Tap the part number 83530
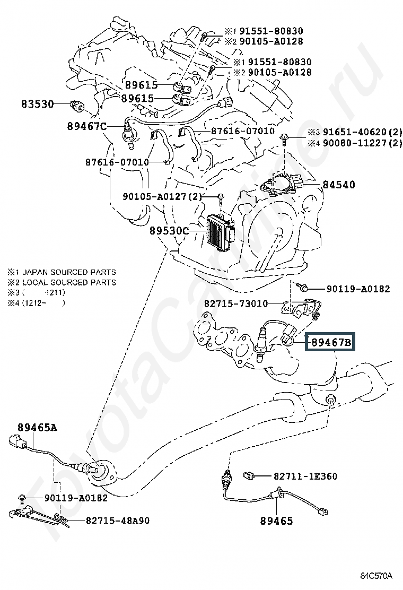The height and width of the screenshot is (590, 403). (x=38, y=104)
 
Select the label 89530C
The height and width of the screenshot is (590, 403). (x=169, y=230)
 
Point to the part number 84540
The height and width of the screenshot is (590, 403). (x=339, y=185)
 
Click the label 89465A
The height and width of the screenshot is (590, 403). (x=37, y=428)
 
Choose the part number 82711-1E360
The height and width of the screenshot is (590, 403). (x=305, y=476)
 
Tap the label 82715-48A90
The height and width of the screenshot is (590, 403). (x=118, y=520)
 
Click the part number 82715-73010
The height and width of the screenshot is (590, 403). (x=236, y=303)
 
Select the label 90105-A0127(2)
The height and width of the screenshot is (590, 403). (x=162, y=196)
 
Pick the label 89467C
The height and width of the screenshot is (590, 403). (x=87, y=126)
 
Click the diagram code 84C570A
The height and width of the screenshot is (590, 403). (x=376, y=576)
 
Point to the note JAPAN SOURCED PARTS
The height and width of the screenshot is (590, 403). (x=69, y=272)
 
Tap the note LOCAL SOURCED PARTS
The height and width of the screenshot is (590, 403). (x=69, y=282)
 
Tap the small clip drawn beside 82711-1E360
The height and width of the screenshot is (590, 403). (x=249, y=475)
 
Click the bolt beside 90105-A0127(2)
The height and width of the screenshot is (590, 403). (x=221, y=198)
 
